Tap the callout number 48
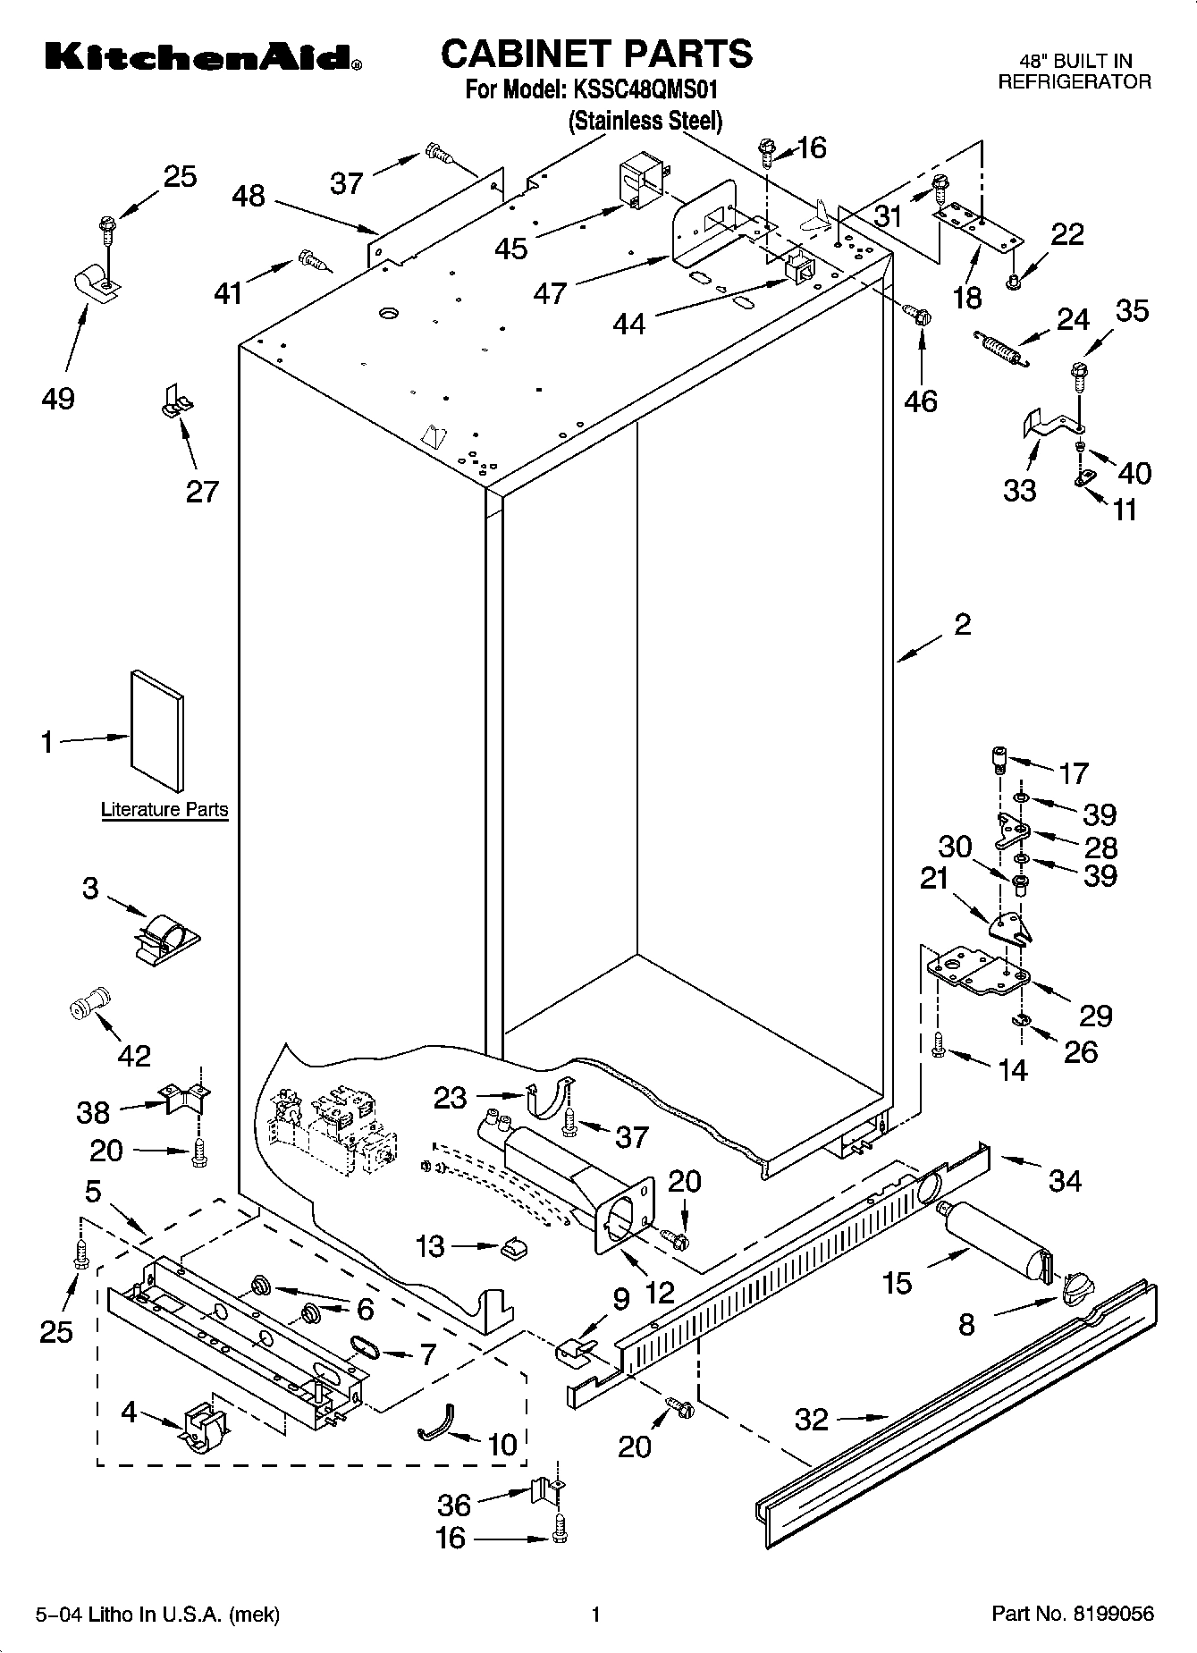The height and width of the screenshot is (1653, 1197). [249, 196]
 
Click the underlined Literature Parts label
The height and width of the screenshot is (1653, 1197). [164, 810]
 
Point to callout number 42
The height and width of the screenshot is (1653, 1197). [135, 1055]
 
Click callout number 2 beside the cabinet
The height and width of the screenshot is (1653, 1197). [962, 624]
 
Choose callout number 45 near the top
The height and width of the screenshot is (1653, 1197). [511, 248]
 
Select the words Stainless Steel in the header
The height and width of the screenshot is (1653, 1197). [645, 120]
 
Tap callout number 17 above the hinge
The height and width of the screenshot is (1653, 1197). [1073, 772]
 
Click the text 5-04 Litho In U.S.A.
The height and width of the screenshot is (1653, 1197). [158, 1615]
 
